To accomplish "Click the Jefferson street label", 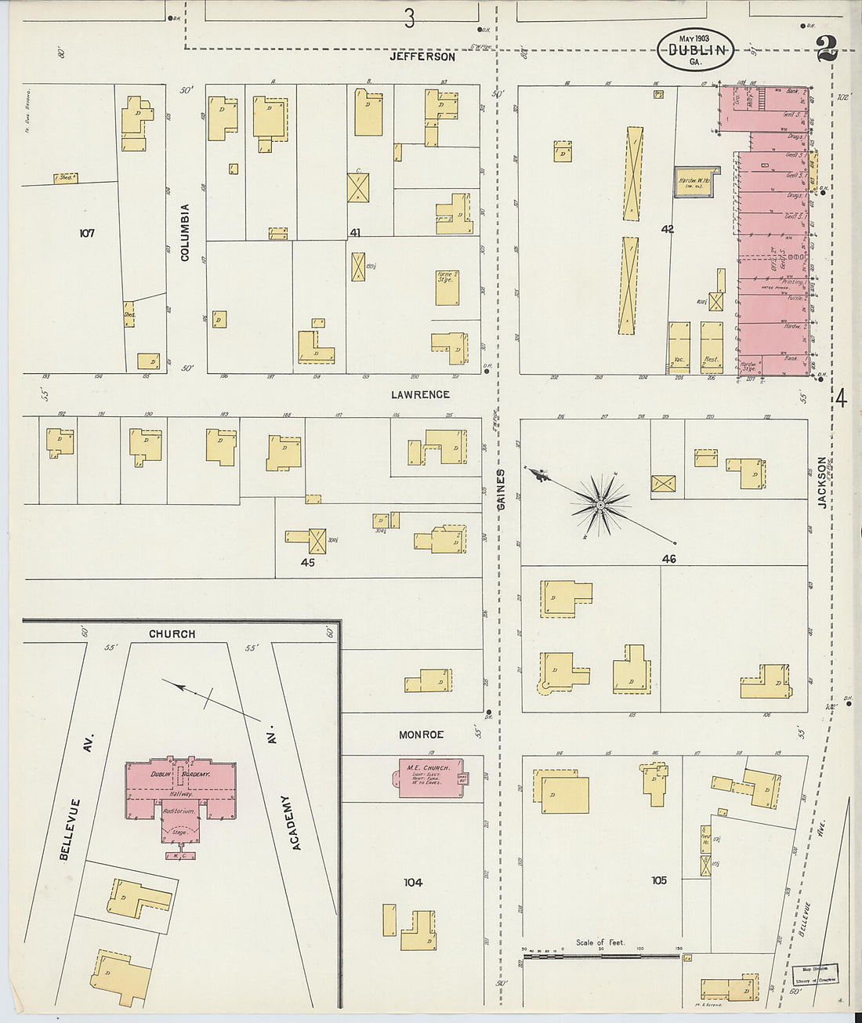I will pyautogui.click(x=422, y=57).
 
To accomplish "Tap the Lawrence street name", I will pyautogui.click(x=421, y=394).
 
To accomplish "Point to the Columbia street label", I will pyautogui.click(x=186, y=233).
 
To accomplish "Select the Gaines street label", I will pyautogui.click(x=500, y=489).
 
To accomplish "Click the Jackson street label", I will pyautogui.click(x=823, y=483).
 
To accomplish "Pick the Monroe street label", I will pyautogui.click(x=421, y=735).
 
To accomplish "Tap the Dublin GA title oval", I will pyautogui.click(x=695, y=49).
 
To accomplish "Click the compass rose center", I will pyautogui.click(x=599, y=505).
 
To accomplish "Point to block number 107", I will pyautogui.click(x=86, y=233).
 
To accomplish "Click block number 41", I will pyautogui.click(x=355, y=233).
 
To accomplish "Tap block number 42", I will pyautogui.click(x=668, y=230).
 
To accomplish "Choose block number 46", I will pyautogui.click(x=668, y=559).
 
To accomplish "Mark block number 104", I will pyautogui.click(x=413, y=883).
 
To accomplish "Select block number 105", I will pyautogui.click(x=658, y=880).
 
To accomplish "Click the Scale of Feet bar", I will pyautogui.click(x=600, y=956).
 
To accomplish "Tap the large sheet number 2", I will pyautogui.click(x=826, y=49).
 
